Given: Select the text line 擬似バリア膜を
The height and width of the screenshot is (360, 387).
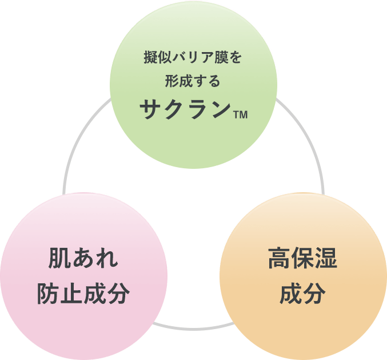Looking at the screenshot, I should coord(193,58).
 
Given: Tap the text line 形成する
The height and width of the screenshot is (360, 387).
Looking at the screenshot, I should coord(193,82).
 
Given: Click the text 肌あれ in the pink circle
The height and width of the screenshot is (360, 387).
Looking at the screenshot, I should coord(83,259).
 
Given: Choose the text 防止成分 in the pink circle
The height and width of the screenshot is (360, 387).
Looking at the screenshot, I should coord(83,294).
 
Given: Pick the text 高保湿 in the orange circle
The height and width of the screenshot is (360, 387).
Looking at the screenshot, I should coord(302,259).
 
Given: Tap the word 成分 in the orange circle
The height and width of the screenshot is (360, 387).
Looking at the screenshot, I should coord(302,294).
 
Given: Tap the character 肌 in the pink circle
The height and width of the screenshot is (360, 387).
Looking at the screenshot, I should coord(60,259).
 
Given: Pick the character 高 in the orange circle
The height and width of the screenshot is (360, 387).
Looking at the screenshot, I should coord(279,259).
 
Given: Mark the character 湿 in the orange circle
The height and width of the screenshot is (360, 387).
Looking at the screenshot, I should coord(326,259).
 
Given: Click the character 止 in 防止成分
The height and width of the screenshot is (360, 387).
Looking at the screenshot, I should coord(71,294).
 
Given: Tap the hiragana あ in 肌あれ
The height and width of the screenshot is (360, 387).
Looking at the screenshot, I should coord(83,259).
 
